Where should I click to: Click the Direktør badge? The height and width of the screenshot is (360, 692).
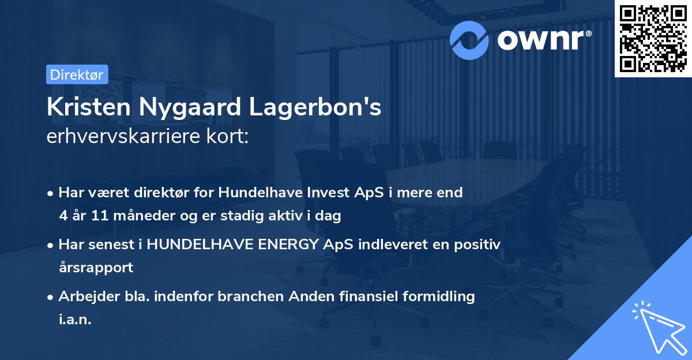tap(77, 74)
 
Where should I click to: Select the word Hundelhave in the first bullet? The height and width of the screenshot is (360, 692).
tap(255, 193)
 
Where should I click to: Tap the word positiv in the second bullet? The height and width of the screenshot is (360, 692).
tap(477, 245)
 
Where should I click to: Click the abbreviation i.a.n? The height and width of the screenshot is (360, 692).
tap(75, 320)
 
